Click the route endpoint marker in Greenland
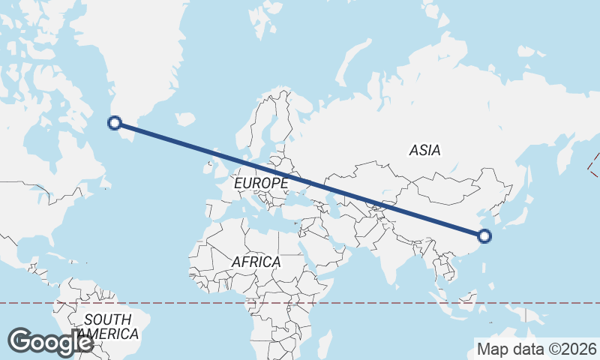[115, 123]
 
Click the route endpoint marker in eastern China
[484, 236]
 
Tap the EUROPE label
[261, 183]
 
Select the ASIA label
[424, 150]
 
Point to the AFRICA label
[256, 262]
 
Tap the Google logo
[50, 342]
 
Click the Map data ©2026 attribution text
[536, 349]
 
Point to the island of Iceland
[184, 118]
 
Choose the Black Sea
[299, 194]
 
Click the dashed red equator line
[375, 303]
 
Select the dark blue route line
[300, 180]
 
